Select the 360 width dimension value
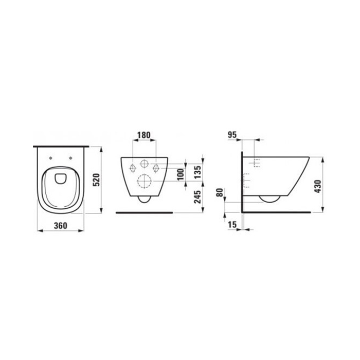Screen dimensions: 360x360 pos(61,225)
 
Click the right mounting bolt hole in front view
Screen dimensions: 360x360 pos(157,168)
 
